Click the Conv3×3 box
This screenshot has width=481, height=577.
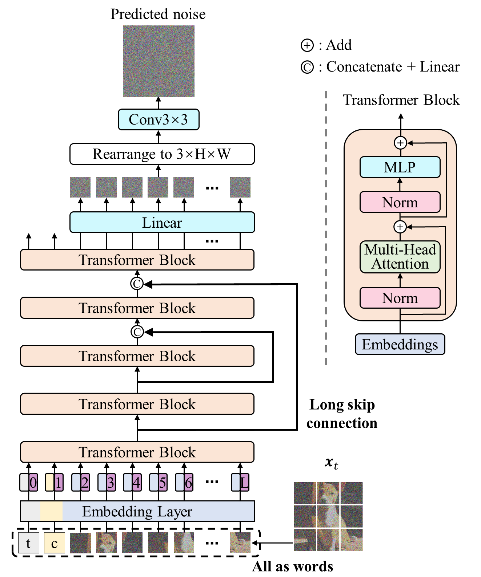159,119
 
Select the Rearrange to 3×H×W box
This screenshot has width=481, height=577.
162,154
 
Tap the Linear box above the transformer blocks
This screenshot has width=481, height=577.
162,223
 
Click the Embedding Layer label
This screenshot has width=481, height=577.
137,511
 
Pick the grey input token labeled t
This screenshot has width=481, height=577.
28,543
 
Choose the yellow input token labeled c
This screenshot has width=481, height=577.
54,543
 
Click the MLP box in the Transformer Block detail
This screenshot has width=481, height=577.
400,167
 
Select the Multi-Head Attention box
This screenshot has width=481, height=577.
400,257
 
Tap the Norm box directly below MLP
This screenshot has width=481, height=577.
400,202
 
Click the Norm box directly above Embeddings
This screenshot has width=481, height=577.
400,298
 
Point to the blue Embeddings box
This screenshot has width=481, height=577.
400,344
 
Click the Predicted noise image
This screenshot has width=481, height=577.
159,61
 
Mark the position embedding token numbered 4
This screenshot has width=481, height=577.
137,483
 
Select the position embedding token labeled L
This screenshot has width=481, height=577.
244,483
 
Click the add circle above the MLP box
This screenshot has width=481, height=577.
400,143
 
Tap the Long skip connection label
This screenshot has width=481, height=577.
342,414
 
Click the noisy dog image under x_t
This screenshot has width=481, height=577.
328,516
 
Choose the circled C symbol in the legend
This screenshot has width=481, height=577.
307,67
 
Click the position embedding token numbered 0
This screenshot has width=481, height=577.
33,483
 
